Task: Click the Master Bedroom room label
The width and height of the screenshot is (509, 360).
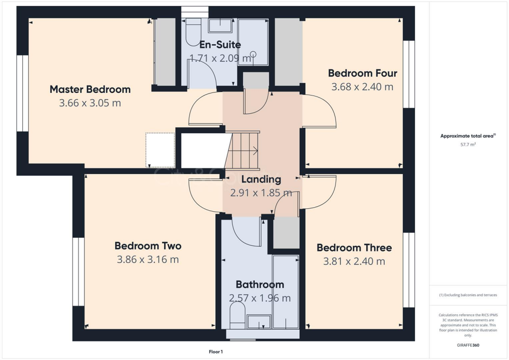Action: click(x=90, y=90)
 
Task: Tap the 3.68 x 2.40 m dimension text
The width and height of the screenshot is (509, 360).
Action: click(x=362, y=87)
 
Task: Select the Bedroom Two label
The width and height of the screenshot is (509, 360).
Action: click(x=148, y=246)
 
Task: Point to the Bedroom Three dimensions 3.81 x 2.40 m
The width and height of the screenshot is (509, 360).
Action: click(x=354, y=262)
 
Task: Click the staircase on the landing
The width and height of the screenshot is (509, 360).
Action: click(x=243, y=150)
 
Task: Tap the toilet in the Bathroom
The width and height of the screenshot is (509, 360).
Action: click(x=238, y=316)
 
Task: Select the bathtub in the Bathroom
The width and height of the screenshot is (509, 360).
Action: click(x=286, y=292)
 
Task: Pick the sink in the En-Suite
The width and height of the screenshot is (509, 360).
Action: click(x=220, y=26)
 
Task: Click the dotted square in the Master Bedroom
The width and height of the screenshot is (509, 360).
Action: click(x=160, y=150)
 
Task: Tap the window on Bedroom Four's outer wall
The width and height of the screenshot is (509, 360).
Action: click(x=409, y=74)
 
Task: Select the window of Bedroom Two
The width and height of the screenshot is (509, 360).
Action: click(x=78, y=271)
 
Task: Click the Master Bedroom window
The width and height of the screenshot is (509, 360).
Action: click(x=22, y=93)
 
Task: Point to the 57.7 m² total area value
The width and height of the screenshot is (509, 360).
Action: click(x=468, y=144)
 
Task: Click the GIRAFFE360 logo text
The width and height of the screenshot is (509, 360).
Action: click(x=468, y=345)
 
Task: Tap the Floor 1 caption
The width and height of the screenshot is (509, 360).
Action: click(x=216, y=352)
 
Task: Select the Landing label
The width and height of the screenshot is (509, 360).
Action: click(x=261, y=180)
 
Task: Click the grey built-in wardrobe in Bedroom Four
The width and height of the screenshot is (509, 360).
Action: click(x=288, y=52)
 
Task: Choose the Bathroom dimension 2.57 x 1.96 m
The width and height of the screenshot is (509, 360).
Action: click(x=259, y=298)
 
